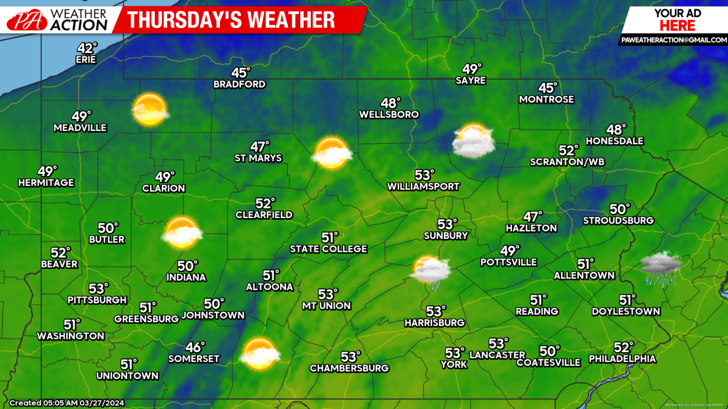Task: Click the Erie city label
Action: click(86, 60)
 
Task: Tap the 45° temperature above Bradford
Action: click(240, 73)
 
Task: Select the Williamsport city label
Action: click(423, 187)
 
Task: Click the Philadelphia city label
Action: click(622, 359)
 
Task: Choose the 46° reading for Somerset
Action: click(195, 347)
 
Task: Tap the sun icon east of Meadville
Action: click(150, 109)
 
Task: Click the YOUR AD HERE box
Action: click(677, 20)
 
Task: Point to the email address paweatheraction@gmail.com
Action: click(673, 40)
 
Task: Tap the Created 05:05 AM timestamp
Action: click(67, 403)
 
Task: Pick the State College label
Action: click(328, 249)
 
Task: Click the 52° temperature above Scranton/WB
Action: click(568, 151)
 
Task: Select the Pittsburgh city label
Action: click(97, 300)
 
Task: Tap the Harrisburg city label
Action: click(435, 323)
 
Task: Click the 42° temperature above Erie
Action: click(87, 48)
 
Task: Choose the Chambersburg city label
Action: click(349, 368)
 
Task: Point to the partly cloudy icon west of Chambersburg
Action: click(259, 354)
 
